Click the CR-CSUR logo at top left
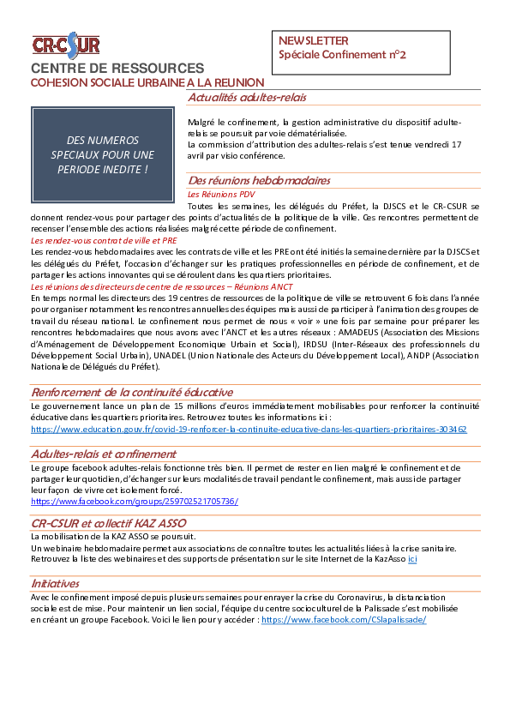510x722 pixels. [66, 45]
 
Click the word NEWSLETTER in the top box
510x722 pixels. [313, 40]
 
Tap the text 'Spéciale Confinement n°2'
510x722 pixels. [342, 55]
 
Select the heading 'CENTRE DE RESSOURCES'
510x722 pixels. [117, 68]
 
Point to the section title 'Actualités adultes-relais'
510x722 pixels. [247, 98]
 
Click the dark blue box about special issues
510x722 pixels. [103, 154]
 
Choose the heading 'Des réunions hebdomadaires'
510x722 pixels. [259, 180]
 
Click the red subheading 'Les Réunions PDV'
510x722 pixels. [221, 195]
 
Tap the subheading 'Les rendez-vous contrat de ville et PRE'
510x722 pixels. [104, 240]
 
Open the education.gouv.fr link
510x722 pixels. [249, 429]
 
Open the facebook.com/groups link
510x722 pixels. [135, 501]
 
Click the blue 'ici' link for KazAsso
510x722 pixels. [412, 559]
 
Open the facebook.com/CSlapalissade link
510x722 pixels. [344, 620]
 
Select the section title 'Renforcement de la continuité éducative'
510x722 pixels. [132, 393]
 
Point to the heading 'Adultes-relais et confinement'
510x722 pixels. [104, 454]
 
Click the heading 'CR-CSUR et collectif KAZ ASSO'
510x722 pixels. [109, 523]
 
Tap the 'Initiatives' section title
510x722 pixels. [55, 583]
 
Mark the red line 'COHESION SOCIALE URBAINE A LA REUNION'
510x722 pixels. [147, 83]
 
